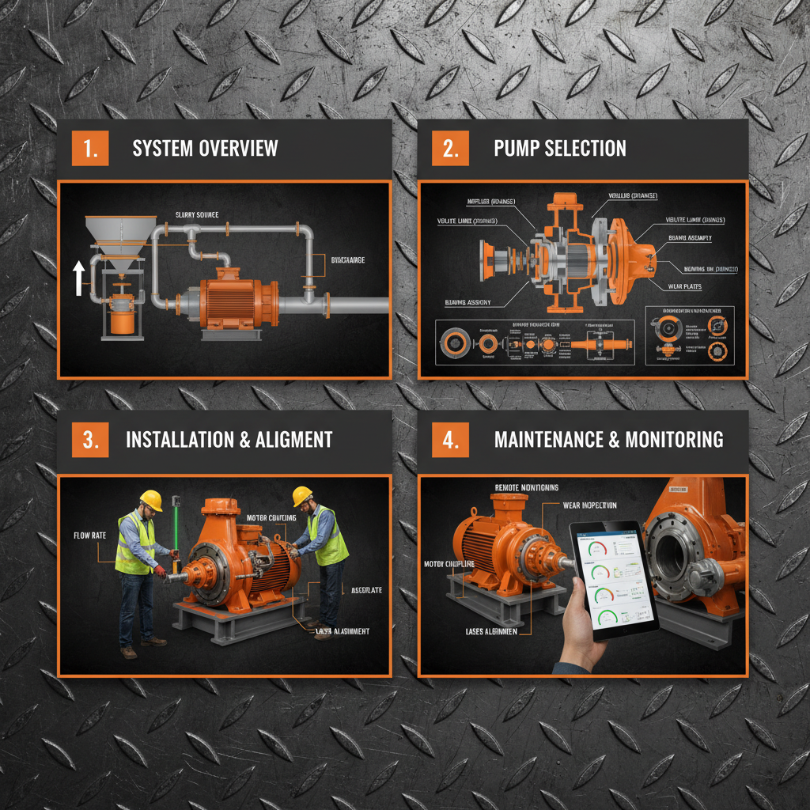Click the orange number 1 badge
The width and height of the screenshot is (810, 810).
pyautogui.click(x=90, y=149)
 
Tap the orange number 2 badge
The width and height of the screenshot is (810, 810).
pyautogui.click(x=450, y=149)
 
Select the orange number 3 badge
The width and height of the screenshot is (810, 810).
pyautogui.click(x=90, y=440)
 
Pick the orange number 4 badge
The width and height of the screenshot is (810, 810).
pyautogui.click(x=450, y=440)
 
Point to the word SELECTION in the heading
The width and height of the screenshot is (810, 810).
pyautogui.click(x=585, y=149)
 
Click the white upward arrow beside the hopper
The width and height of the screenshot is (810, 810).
pyautogui.click(x=79, y=279)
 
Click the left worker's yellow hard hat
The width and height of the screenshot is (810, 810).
pyautogui.click(x=150, y=500)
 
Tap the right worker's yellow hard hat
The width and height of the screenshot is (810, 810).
pyautogui.click(x=302, y=496)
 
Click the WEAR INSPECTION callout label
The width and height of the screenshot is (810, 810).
pyautogui.click(x=589, y=505)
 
